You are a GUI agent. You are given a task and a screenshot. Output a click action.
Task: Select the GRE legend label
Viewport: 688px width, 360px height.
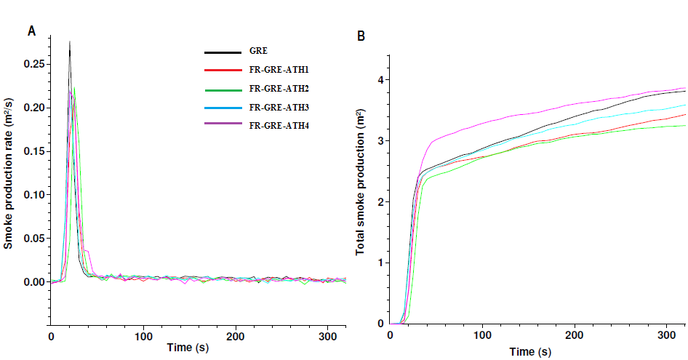[x=257, y=52]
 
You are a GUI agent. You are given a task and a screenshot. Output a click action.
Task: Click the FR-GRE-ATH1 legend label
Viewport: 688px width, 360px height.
[x=279, y=71]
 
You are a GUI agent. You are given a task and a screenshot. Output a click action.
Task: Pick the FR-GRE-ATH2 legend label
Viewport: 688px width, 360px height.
[x=279, y=89]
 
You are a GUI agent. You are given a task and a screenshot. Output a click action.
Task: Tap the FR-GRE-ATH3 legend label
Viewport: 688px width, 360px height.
[x=279, y=107]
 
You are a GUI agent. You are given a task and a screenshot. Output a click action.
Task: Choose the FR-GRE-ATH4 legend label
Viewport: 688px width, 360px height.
[x=279, y=125]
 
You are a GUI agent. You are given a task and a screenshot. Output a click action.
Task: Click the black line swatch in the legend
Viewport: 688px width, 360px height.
[x=223, y=52]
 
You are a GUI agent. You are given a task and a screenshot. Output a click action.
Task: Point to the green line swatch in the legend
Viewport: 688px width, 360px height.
[x=223, y=89]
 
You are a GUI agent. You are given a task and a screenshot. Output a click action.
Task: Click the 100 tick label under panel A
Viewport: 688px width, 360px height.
[x=143, y=337]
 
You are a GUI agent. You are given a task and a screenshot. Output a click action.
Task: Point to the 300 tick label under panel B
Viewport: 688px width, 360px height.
[x=667, y=336]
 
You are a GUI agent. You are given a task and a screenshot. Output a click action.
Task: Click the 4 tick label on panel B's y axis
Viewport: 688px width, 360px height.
[x=379, y=79]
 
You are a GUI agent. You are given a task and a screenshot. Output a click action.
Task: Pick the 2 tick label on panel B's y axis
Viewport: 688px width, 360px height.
[x=379, y=201]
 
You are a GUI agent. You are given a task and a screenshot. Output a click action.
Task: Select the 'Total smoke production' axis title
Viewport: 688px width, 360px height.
[x=360, y=183]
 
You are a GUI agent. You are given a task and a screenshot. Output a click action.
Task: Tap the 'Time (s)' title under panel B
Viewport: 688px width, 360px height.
[x=530, y=352]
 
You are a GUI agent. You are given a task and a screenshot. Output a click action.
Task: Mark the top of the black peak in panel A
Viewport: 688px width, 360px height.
[x=70, y=42]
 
